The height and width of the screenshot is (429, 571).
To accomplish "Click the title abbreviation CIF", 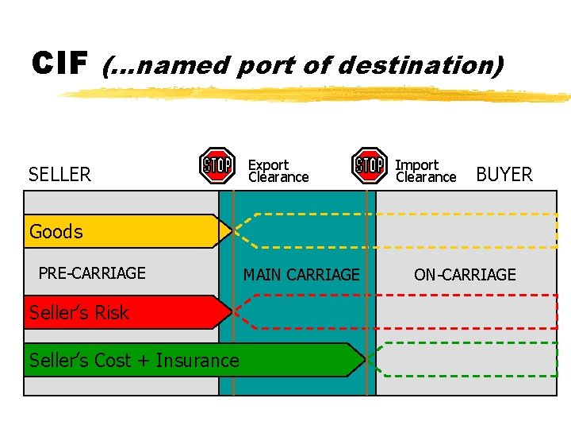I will coord(59,64).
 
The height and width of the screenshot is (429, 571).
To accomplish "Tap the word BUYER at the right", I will coord(504,175).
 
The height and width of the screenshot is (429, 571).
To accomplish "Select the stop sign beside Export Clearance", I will coord(217,165).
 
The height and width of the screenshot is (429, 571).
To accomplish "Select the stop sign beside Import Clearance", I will coord(370,165).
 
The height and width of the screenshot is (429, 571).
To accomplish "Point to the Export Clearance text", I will coord(278,171).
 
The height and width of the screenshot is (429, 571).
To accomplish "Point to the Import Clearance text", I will coord(426,171).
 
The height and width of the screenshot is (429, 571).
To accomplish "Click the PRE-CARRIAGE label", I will coord(92,273).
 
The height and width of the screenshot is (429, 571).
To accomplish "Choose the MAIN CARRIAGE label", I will coord(301,275).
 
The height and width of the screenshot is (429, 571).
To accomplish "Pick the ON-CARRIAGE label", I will coord(465,275).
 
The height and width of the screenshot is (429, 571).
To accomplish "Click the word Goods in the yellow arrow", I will coord(56,232).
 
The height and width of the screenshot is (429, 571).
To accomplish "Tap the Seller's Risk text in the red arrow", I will coord(79,313).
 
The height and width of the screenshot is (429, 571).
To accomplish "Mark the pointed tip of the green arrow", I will coord(364,360).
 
